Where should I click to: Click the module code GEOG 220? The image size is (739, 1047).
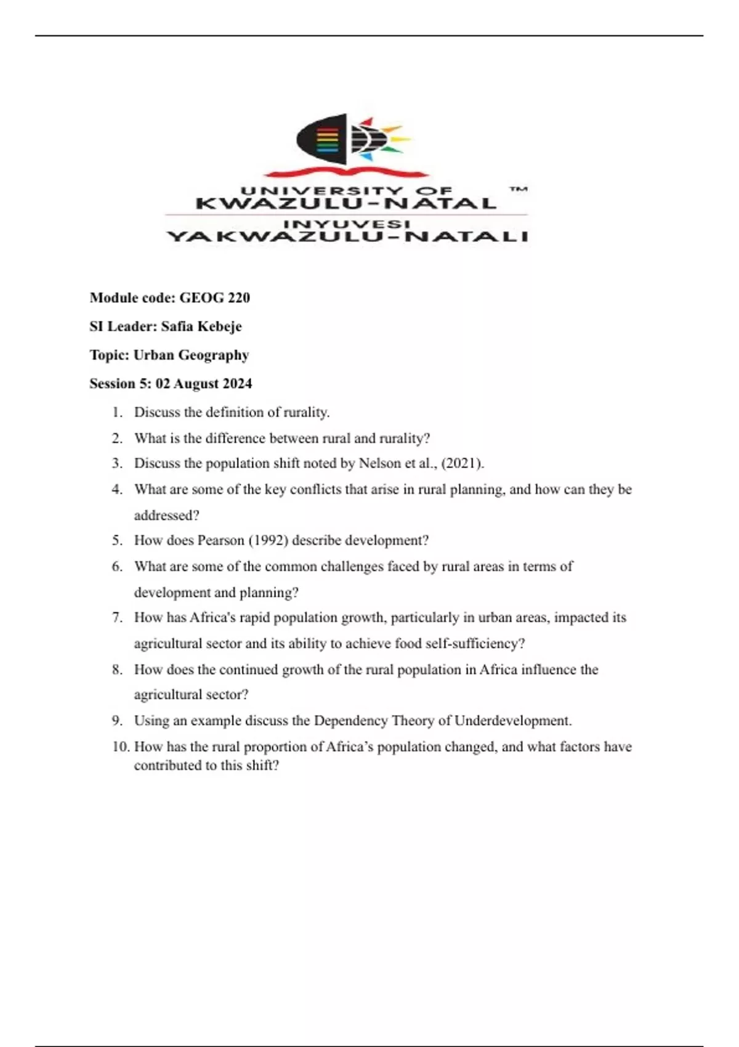pos(214,298)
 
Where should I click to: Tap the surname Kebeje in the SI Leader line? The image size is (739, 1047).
pos(219,326)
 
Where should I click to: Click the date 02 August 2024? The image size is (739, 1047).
pos(204,384)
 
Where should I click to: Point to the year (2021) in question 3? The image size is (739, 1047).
pos(462,463)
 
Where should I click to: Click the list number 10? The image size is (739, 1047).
pos(121,747)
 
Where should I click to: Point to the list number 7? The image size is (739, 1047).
pos(117,618)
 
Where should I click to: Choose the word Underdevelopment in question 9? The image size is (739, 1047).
pos(512,721)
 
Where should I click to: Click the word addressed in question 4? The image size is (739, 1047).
pos(166,515)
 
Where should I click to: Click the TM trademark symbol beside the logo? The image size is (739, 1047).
pos(519,190)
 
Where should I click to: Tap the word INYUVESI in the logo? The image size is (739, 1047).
pos(347,224)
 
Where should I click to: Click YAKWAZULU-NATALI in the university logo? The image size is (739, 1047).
pos(347,236)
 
